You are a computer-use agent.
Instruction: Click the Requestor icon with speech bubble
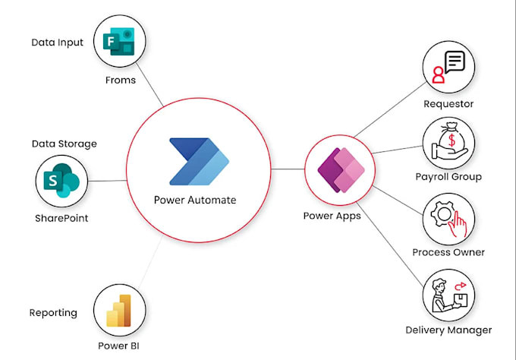pos(448,67)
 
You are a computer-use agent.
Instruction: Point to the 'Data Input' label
pos(57,43)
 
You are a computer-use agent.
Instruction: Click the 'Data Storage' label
pos(64,144)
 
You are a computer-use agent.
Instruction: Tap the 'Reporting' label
pos(53,312)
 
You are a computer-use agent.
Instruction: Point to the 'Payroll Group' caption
pos(448,177)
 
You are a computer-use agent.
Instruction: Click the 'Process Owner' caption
pos(448,252)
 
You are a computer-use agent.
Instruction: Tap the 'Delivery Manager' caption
pos(448,330)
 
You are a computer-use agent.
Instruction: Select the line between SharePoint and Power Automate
pos(106,181)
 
